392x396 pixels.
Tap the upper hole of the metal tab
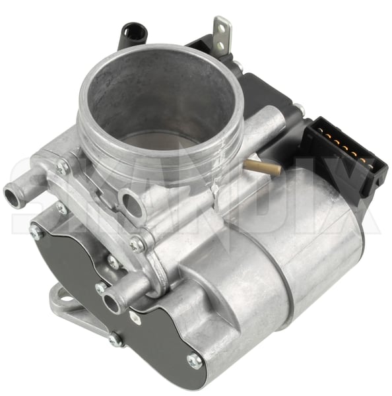coord(222,30)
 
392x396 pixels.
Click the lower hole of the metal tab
coord(220,46)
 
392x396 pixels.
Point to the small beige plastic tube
coord(262,167)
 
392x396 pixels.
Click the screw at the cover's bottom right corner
coord(195,360)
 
